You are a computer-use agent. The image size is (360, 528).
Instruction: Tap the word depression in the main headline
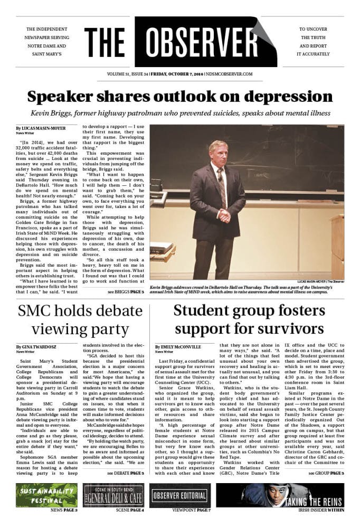click(286, 97)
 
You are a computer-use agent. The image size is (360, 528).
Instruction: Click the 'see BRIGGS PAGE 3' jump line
click(125, 291)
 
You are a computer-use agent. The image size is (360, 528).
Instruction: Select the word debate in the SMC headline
click(109, 310)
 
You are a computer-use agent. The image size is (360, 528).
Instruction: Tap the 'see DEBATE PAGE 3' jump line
click(125, 473)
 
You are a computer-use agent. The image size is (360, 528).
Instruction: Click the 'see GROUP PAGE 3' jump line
click(326, 473)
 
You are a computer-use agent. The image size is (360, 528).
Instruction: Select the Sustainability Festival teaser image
click(46, 495)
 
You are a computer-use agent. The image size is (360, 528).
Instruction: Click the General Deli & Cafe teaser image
click(113, 495)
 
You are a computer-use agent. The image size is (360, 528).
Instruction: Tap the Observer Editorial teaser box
click(180, 495)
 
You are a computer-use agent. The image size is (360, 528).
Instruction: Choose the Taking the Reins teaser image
click(280, 495)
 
